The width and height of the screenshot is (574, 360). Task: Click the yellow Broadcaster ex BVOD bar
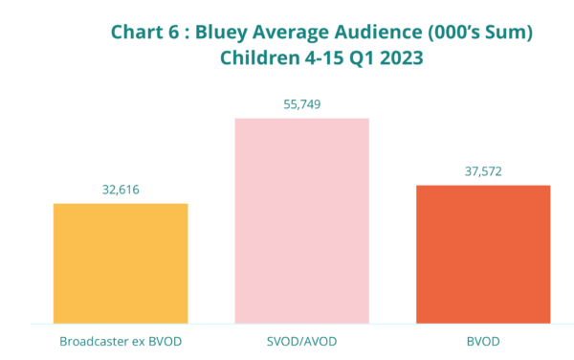tap(121, 262)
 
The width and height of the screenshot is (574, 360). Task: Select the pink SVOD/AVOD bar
tap(302, 220)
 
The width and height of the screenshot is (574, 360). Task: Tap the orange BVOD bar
tap(483, 254)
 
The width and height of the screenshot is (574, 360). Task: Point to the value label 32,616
tap(121, 190)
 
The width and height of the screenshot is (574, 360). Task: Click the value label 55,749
tap(302, 104)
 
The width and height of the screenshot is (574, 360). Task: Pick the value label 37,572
tap(483, 171)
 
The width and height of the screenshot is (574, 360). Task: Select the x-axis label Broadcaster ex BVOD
tap(121, 341)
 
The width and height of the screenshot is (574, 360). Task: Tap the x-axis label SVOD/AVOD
tap(302, 341)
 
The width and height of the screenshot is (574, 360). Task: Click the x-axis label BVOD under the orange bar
tap(483, 341)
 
